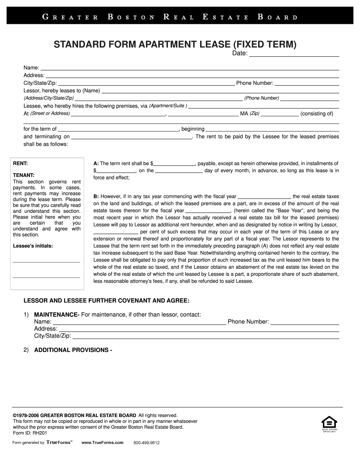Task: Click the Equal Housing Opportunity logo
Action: click(329, 423)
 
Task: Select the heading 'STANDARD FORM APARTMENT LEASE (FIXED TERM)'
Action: click(175, 44)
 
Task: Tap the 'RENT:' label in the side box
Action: click(20, 164)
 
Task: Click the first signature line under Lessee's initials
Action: click(46, 261)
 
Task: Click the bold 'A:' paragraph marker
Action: click(96, 164)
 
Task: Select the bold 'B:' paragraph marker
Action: click(96, 197)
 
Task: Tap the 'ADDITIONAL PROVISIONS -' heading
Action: click(73, 350)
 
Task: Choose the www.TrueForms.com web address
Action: click(102, 443)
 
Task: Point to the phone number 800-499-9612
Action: click(146, 443)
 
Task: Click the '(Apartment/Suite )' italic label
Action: click(168, 106)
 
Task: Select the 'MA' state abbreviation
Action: click(244, 114)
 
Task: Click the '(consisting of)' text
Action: click(317, 114)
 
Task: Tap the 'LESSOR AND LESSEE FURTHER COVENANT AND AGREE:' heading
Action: click(106, 300)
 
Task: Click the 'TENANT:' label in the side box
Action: click(23, 175)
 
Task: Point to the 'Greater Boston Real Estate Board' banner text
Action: click(169, 17)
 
